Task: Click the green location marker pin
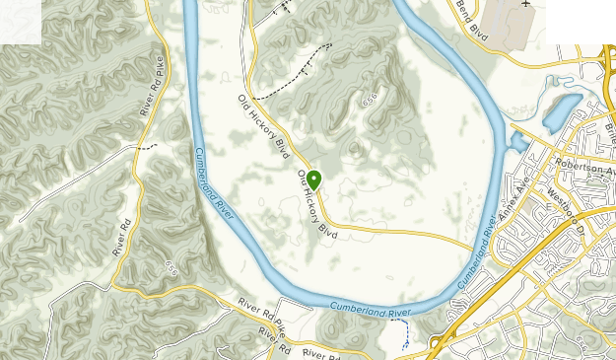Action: (x=313, y=179)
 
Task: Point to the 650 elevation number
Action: (x=172, y=266)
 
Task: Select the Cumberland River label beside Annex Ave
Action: (x=477, y=251)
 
